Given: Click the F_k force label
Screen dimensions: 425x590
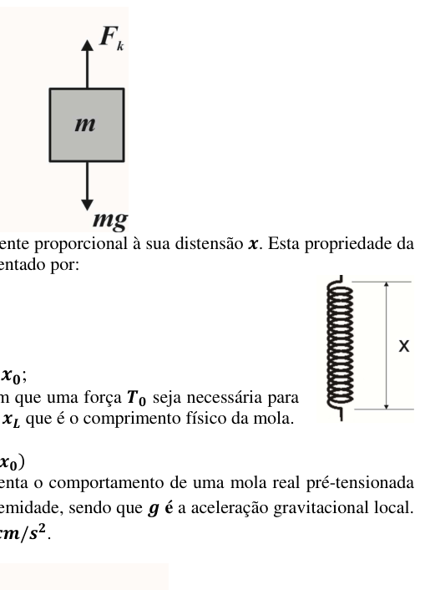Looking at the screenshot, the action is (x=111, y=38).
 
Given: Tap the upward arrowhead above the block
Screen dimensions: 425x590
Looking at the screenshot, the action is (x=88, y=45).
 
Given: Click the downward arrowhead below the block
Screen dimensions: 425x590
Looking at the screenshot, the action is (x=88, y=205).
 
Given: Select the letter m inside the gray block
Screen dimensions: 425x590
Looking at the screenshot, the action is (x=85, y=125).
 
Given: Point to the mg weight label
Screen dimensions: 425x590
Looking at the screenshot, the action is (x=110, y=221).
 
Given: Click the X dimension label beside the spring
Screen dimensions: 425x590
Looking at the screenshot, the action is (x=403, y=346).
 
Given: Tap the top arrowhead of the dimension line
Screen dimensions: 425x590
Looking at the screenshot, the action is (x=386, y=285).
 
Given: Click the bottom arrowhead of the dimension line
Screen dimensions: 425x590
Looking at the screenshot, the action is (x=386, y=405).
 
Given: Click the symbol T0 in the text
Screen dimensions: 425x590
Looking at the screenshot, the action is (x=136, y=398).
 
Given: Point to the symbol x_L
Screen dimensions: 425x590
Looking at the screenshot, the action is (x=11, y=420).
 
